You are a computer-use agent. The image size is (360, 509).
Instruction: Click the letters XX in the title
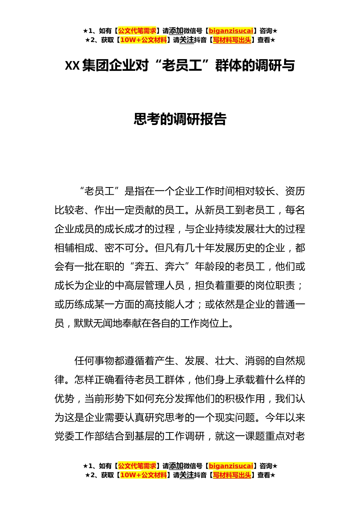[x=72, y=66]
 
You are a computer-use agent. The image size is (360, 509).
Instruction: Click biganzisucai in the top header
[x=231, y=31]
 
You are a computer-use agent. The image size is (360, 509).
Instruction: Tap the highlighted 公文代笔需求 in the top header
[x=137, y=31]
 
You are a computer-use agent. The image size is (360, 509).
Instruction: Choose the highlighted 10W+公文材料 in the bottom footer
[x=143, y=475]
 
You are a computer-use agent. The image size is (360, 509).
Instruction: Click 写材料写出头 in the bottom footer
[x=232, y=475]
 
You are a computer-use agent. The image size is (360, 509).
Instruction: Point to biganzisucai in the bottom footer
[x=231, y=466]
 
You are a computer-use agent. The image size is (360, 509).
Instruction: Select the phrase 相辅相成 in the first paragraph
[x=74, y=248]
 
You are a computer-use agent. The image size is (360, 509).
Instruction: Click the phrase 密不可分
[x=124, y=248]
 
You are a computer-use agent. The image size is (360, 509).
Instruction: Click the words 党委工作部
[x=79, y=437]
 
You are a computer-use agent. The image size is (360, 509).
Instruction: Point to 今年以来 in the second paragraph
[x=285, y=418]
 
